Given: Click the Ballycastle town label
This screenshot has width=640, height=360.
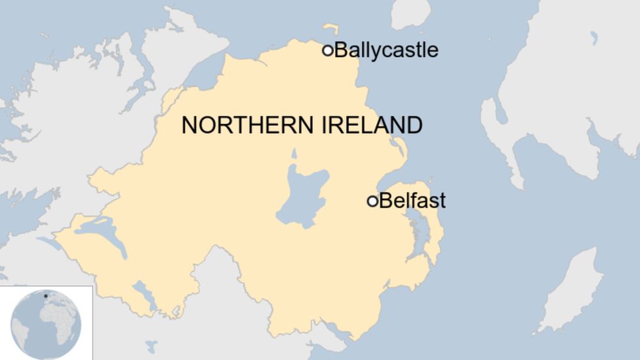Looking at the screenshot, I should click(386, 50).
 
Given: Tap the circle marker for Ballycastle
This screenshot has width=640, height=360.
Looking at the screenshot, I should click(328, 50).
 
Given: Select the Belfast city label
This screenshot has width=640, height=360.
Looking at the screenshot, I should click(412, 201).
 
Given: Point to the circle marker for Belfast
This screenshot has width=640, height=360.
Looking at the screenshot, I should click(372, 201).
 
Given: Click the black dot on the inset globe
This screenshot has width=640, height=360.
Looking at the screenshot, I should click(45, 296).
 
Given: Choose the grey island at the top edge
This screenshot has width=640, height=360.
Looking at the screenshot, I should click(410, 13).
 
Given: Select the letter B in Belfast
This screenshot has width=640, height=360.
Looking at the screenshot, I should click(385, 201).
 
